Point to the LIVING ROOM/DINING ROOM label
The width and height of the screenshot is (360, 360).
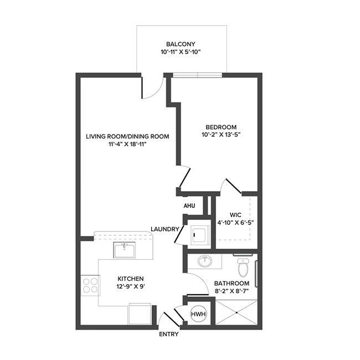[x=127, y=136]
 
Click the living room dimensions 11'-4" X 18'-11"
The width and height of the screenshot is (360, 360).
[x=127, y=145]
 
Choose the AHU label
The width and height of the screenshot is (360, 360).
[x=189, y=206]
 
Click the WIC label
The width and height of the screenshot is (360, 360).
[x=235, y=214]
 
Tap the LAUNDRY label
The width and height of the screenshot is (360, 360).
[x=166, y=229]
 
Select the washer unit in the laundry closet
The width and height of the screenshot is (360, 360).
[x=198, y=235]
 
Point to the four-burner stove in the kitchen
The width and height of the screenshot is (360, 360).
[x=90, y=285]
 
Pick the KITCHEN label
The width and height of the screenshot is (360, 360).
[x=131, y=278]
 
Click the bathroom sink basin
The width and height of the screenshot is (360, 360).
[x=205, y=260]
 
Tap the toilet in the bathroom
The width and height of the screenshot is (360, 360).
[x=243, y=268]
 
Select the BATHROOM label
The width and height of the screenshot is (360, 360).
[x=232, y=282]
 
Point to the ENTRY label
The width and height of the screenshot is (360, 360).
[x=168, y=335]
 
